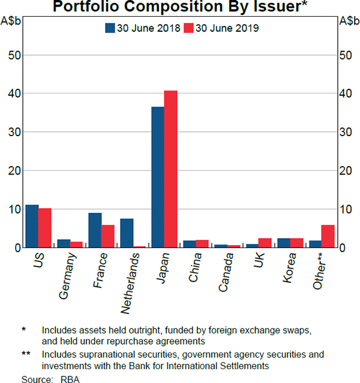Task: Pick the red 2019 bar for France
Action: tap(107, 236)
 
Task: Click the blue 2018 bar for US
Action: tap(32, 226)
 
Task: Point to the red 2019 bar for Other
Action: tap(328, 236)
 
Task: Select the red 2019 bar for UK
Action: tap(265, 243)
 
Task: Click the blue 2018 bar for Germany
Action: tap(64, 243)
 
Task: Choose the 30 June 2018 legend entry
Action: tap(143, 28)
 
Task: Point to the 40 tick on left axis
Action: tap(16, 94)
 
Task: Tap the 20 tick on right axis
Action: tap(346, 171)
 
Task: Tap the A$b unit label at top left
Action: tap(13, 20)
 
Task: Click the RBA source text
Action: tap(70, 379)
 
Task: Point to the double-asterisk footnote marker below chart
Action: tap(26, 354)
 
